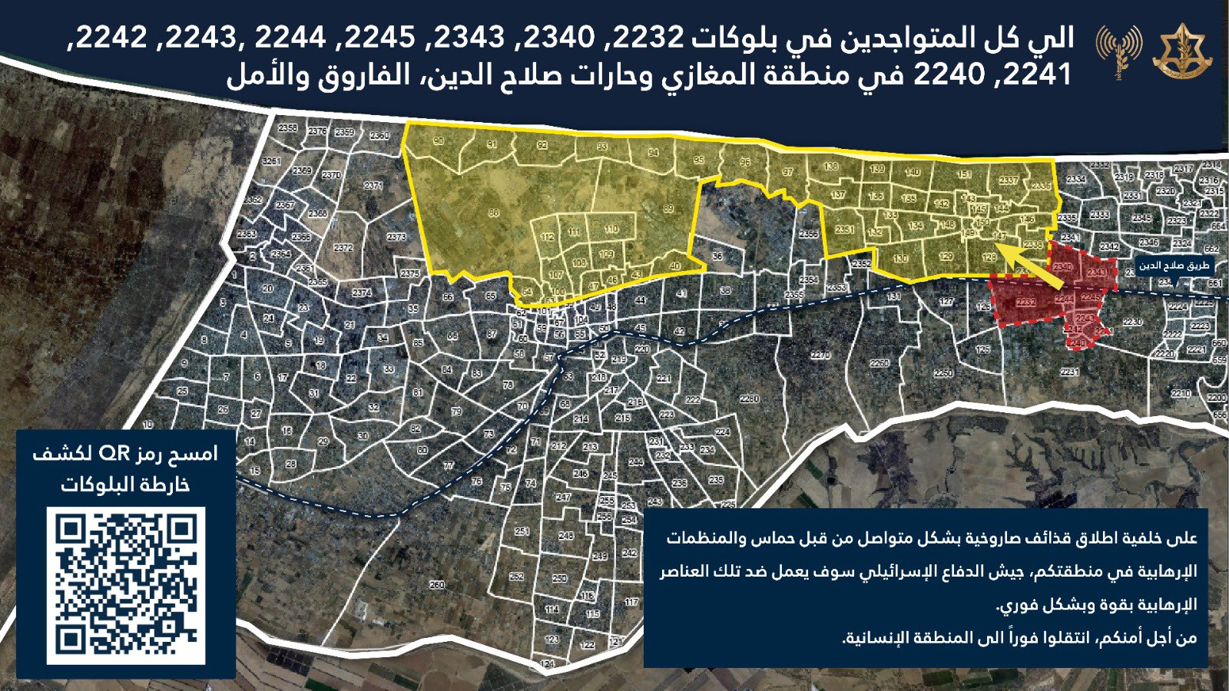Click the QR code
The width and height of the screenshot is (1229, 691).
tap(126, 585)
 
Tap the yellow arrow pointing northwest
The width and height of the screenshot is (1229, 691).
tap(1032, 263)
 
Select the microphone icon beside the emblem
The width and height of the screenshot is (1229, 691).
tap(1118, 52)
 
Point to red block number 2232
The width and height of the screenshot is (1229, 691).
tap(1025, 303)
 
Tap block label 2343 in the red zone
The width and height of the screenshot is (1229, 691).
tap(1097, 273)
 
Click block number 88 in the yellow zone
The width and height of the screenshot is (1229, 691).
tap(493, 213)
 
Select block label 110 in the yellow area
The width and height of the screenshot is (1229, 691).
tap(611, 229)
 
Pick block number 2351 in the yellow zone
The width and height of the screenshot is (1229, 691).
tap(844, 230)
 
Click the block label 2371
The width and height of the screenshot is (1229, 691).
tap(373, 186)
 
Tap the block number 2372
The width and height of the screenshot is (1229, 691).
tap(343, 248)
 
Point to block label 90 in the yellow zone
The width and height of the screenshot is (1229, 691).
tap(439, 141)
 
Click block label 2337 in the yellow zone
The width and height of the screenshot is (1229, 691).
tap(1008, 181)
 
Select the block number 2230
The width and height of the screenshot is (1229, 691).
tap(1132, 322)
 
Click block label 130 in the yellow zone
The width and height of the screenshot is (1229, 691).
tap(901, 259)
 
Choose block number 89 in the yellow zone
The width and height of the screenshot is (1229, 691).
tap(668, 209)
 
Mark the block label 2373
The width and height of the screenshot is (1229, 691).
tap(396, 237)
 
